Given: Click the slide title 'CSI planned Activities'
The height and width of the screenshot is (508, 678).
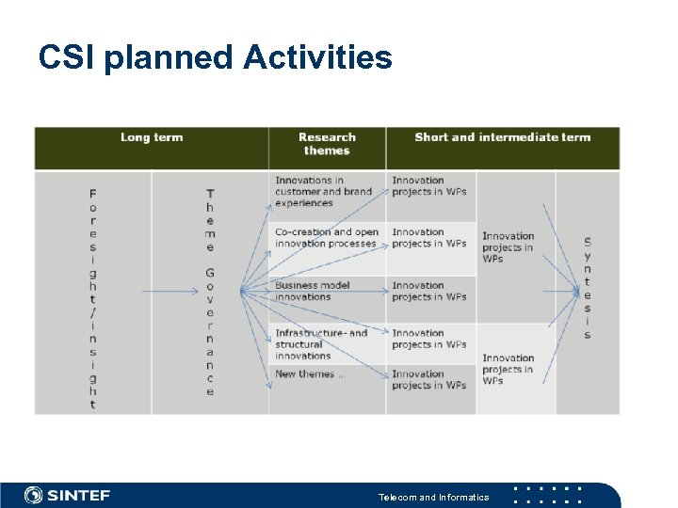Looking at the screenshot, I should tap(215, 58).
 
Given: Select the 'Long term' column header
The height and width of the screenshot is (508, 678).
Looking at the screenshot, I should tap(152, 137).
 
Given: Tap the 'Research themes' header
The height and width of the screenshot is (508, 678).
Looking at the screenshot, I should tap(327, 144).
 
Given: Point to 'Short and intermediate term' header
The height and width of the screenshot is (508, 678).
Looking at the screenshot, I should tap(502, 137).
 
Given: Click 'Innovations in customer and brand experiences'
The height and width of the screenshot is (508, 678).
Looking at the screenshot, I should tap(323, 192).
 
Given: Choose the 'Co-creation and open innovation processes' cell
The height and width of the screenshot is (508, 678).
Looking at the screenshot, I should tap(326, 238).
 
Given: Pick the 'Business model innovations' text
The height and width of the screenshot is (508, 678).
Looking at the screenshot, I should tap(312, 292).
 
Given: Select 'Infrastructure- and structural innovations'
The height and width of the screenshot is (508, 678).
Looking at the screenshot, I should tap(321, 344).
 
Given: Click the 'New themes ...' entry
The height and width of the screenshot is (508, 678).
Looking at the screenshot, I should tap(310, 374).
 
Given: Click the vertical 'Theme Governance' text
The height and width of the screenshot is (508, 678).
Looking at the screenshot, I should tap(210, 293).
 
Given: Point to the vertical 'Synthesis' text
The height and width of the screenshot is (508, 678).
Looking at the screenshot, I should tap(588, 288).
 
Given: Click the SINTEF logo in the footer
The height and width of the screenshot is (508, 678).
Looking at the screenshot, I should tap(67, 495).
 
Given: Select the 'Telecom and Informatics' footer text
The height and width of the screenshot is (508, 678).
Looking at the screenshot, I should tap(433, 497).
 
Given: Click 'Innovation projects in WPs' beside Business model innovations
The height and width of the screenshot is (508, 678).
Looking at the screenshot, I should tap(428, 292).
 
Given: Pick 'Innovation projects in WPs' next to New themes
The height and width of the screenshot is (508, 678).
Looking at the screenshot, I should tap(428, 379).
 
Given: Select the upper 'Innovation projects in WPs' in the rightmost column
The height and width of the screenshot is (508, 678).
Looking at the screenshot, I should tap(508, 247).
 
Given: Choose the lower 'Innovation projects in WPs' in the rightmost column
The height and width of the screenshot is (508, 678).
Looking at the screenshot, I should tap(508, 369).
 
